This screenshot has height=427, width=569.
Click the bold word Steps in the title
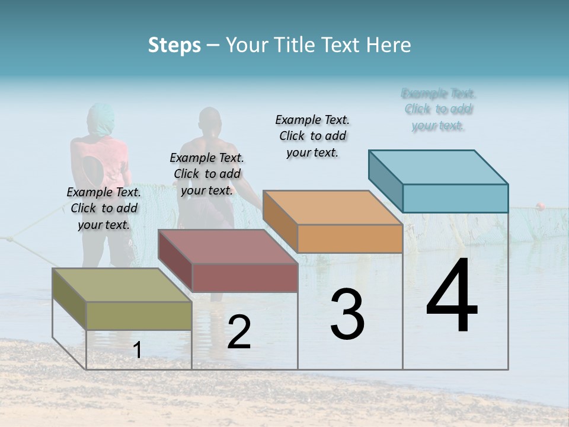(174, 45)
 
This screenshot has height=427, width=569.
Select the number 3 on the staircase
(347, 314)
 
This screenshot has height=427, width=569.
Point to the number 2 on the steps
(239, 332)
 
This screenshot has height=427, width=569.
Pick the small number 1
(138, 350)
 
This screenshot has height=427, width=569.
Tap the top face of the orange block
(332, 208)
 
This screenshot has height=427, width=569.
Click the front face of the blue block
(455, 198)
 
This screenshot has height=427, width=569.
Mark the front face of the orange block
(350, 239)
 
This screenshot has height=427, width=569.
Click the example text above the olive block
(104, 208)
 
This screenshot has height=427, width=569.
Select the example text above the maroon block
(207, 174)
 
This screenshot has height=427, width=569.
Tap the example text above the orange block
(312, 136)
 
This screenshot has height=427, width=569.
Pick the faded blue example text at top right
(439, 109)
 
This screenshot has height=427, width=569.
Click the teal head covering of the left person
(101, 117)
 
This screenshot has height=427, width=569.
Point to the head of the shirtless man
(209, 121)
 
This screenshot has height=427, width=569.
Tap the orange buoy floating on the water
(540, 206)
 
